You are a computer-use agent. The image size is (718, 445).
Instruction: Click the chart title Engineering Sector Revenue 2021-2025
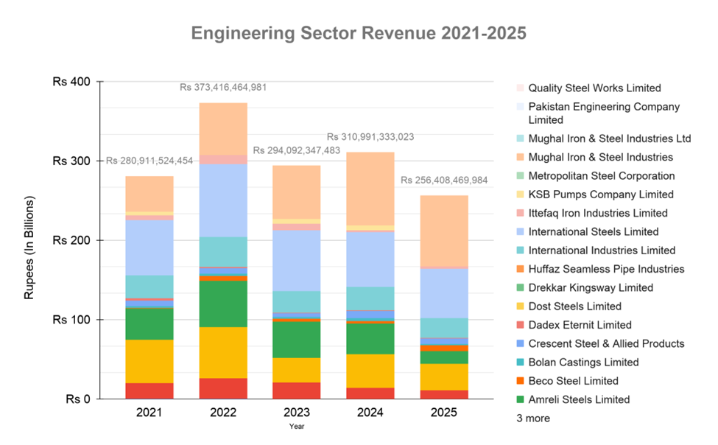[x=359, y=34]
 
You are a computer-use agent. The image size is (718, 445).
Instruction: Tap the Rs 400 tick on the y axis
[x=71, y=82]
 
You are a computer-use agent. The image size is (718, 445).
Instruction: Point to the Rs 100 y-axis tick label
[x=71, y=320]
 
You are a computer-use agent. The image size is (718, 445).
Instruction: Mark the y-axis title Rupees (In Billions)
[x=30, y=247]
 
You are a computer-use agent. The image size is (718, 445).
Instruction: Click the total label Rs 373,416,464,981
[x=223, y=88]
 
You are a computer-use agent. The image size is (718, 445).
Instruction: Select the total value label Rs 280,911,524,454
[x=149, y=161]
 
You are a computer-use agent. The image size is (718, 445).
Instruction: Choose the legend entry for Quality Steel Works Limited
[x=594, y=88]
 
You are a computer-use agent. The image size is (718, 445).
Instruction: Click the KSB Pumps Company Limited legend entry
[x=601, y=195]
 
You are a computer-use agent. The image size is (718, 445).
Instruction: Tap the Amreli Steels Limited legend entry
[x=579, y=399]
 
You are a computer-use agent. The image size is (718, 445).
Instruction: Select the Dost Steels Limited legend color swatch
[x=519, y=306]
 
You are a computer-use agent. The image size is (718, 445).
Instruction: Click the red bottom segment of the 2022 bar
[x=223, y=388]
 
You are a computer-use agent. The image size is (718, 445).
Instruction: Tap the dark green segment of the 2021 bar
[x=149, y=323]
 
